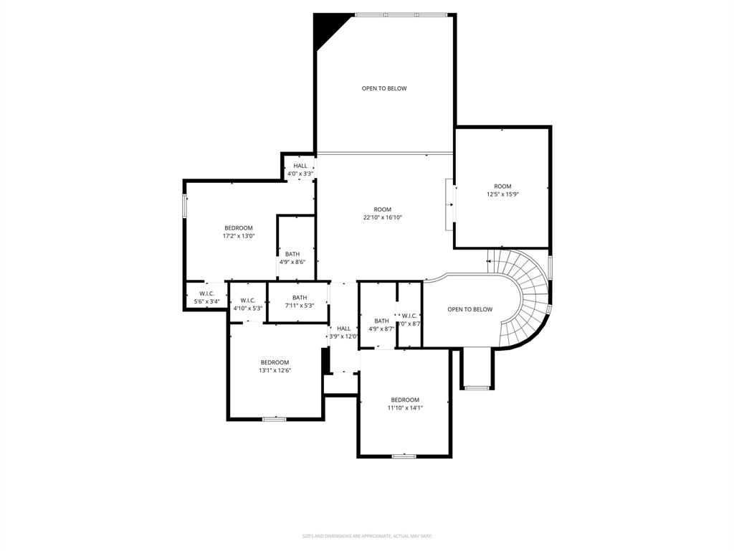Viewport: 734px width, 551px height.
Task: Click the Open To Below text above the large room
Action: [383, 89]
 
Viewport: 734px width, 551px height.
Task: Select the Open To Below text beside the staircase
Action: [470, 310]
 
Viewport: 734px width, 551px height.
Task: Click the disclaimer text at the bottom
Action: [367, 536]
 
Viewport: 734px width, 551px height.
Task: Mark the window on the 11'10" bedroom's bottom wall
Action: [404, 456]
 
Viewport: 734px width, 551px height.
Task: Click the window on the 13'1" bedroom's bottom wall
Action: [274, 419]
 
